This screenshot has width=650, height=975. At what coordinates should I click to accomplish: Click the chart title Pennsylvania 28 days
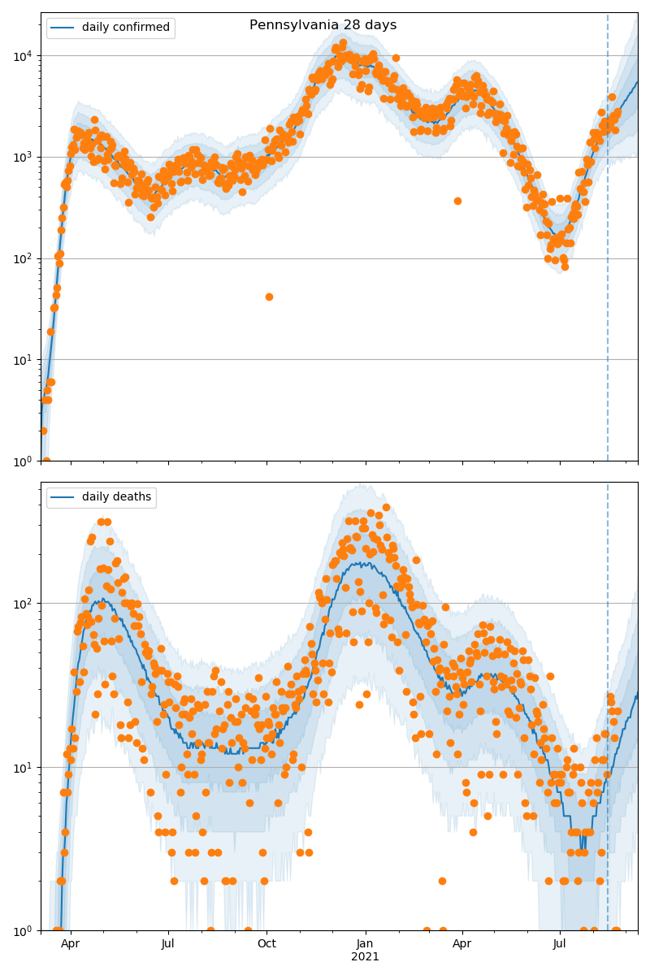(x=323, y=25)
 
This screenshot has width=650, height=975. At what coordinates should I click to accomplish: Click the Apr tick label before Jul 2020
(x=71, y=944)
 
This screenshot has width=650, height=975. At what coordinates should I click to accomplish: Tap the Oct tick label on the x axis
(x=266, y=944)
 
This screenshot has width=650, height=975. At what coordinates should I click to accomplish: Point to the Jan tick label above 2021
(x=365, y=944)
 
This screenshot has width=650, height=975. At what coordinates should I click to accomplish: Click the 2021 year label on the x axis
(x=365, y=957)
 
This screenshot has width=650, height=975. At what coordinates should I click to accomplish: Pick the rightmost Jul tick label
(x=560, y=944)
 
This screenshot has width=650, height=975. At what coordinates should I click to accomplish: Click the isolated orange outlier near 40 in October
(x=269, y=297)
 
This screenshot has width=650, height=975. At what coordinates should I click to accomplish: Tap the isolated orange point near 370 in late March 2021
(x=457, y=201)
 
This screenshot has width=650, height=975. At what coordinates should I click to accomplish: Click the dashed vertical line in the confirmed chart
(x=608, y=244)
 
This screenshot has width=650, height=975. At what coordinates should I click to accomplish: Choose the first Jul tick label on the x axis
(x=168, y=944)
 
